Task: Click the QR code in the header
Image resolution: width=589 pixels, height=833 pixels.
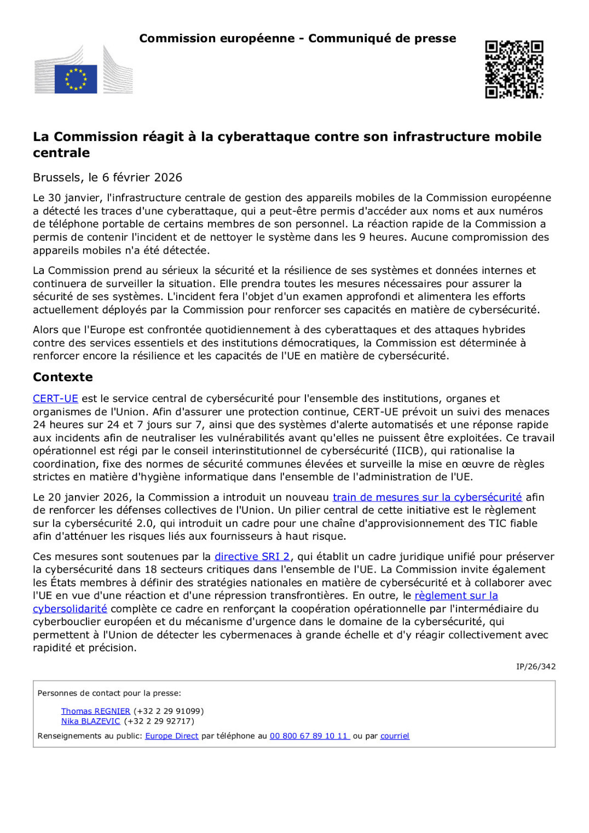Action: [x=514, y=69]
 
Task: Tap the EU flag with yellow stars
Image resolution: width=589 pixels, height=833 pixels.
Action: [x=76, y=79]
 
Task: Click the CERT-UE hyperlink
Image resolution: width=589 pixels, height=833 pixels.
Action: [x=55, y=399]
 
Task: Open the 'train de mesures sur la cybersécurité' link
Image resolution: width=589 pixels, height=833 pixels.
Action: [x=427, y=497]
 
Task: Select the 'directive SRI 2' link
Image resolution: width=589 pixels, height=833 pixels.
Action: [x=252, y=556]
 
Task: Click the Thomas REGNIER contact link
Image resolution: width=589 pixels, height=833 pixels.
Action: [x=95, y=711]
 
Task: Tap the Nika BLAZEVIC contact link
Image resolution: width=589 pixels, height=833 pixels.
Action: [x=90, y=721]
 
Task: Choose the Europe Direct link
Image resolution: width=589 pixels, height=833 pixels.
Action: [x=171, y=736]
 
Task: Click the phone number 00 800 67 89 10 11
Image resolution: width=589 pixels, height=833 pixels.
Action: [x=309, y=736]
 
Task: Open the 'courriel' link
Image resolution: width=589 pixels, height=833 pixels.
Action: [x=395, y=736]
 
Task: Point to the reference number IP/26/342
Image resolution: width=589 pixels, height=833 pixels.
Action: [x=535, y=666]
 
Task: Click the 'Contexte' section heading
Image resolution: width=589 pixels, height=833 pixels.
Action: [x=62, y=377]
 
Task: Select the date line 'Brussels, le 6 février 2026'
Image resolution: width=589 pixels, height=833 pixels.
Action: [x=107, y=177]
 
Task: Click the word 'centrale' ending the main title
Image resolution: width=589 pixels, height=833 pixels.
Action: [x=61, y=153]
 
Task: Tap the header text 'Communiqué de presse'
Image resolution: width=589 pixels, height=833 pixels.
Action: [x=382, y=38]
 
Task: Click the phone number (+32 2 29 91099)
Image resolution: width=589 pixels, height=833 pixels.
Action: [x=168, y=711]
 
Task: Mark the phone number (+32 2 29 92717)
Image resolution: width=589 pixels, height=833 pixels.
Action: [x=159, y=721]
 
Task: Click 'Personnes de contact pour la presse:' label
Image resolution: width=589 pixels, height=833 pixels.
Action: [x=109, y=693]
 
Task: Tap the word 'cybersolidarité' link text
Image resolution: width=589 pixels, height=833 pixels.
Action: [x=70, y=609]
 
